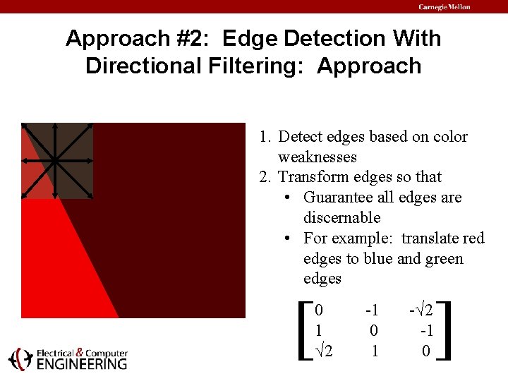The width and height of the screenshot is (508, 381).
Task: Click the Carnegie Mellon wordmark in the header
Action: click(x=445, y=7)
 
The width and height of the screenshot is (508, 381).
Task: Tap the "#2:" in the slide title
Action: click(x=198, y=38)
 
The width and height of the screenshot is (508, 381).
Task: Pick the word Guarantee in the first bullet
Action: click(x=337, y=198)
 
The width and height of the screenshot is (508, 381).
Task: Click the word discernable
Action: click(x=341, y=217)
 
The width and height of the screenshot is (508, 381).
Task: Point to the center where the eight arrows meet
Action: click(x=54, y=161)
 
